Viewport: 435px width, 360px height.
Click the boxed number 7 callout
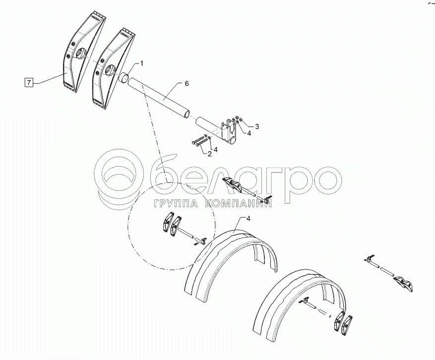29,82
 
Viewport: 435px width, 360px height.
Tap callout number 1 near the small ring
142,64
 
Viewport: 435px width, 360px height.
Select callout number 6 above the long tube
186,83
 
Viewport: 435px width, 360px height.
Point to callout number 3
257,126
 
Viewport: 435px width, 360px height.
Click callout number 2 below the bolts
210,154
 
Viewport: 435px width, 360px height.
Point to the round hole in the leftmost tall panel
80,53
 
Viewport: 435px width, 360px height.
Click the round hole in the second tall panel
110,69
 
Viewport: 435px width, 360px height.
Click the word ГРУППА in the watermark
175,204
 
